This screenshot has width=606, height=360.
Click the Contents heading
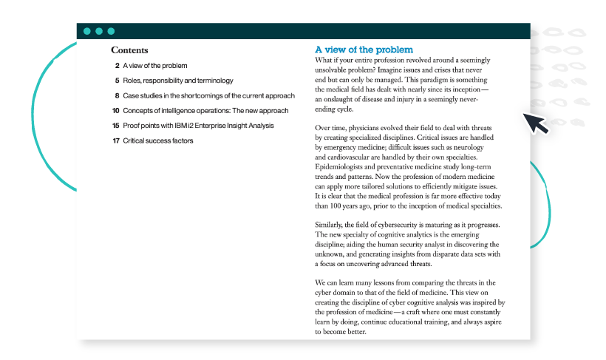(x=129, y=50)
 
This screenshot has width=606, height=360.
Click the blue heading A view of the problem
(x=364, y=50)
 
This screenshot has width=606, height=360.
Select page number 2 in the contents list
(x=117, y=66)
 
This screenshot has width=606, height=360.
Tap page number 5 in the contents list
(x=117, y=81)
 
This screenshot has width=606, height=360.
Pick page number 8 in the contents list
(x=117, y=95)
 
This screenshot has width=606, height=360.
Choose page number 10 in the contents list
(x=115, y=110)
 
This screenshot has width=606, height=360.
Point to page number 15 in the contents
(x=115, y=126)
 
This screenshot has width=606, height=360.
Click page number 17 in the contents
(x=115, y=140)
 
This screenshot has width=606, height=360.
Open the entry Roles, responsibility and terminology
(x=178, y=81)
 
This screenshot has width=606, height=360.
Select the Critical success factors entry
(x=158, y=140)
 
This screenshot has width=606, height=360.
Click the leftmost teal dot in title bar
(x=87, y=31)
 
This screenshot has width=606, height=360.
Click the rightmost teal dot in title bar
(x=111, y=31)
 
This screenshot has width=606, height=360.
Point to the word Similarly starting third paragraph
(x=333, y=225)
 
